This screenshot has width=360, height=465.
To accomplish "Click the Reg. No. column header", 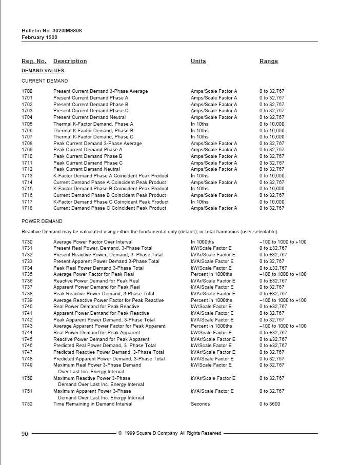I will [x=34, y=61].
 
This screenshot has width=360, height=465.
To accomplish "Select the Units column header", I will [x=198, y=61].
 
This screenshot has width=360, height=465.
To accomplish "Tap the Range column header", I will [x=269, y=61].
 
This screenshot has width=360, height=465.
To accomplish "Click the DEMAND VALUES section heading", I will [x=43, y=71].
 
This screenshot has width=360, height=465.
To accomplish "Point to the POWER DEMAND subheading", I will [x=42, y=222].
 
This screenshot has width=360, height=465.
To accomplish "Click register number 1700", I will [x=27, y=91].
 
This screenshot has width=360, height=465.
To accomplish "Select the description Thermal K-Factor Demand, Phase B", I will [x=93, y=131].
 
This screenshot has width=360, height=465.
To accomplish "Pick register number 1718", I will [x=27, y=208].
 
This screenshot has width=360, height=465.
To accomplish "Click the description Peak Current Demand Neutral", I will [x=87, y=169].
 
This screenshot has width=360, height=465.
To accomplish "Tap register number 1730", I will [x=27, y=242].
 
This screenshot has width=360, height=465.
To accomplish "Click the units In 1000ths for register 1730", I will [x=203, y=242].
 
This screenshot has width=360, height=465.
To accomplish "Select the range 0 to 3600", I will [x=270, y=404].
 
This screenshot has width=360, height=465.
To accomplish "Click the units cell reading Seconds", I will [x=200, y=404].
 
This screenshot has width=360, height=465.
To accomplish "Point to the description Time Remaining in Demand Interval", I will [x=93, y=404].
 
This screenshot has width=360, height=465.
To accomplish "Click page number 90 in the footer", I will [x=25, y=434].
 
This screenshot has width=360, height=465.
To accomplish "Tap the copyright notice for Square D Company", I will [x=170, y=434].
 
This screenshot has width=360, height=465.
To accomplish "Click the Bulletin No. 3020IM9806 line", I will [x=51, y=31].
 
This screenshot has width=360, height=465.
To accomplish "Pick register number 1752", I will [x=27, y=404].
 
